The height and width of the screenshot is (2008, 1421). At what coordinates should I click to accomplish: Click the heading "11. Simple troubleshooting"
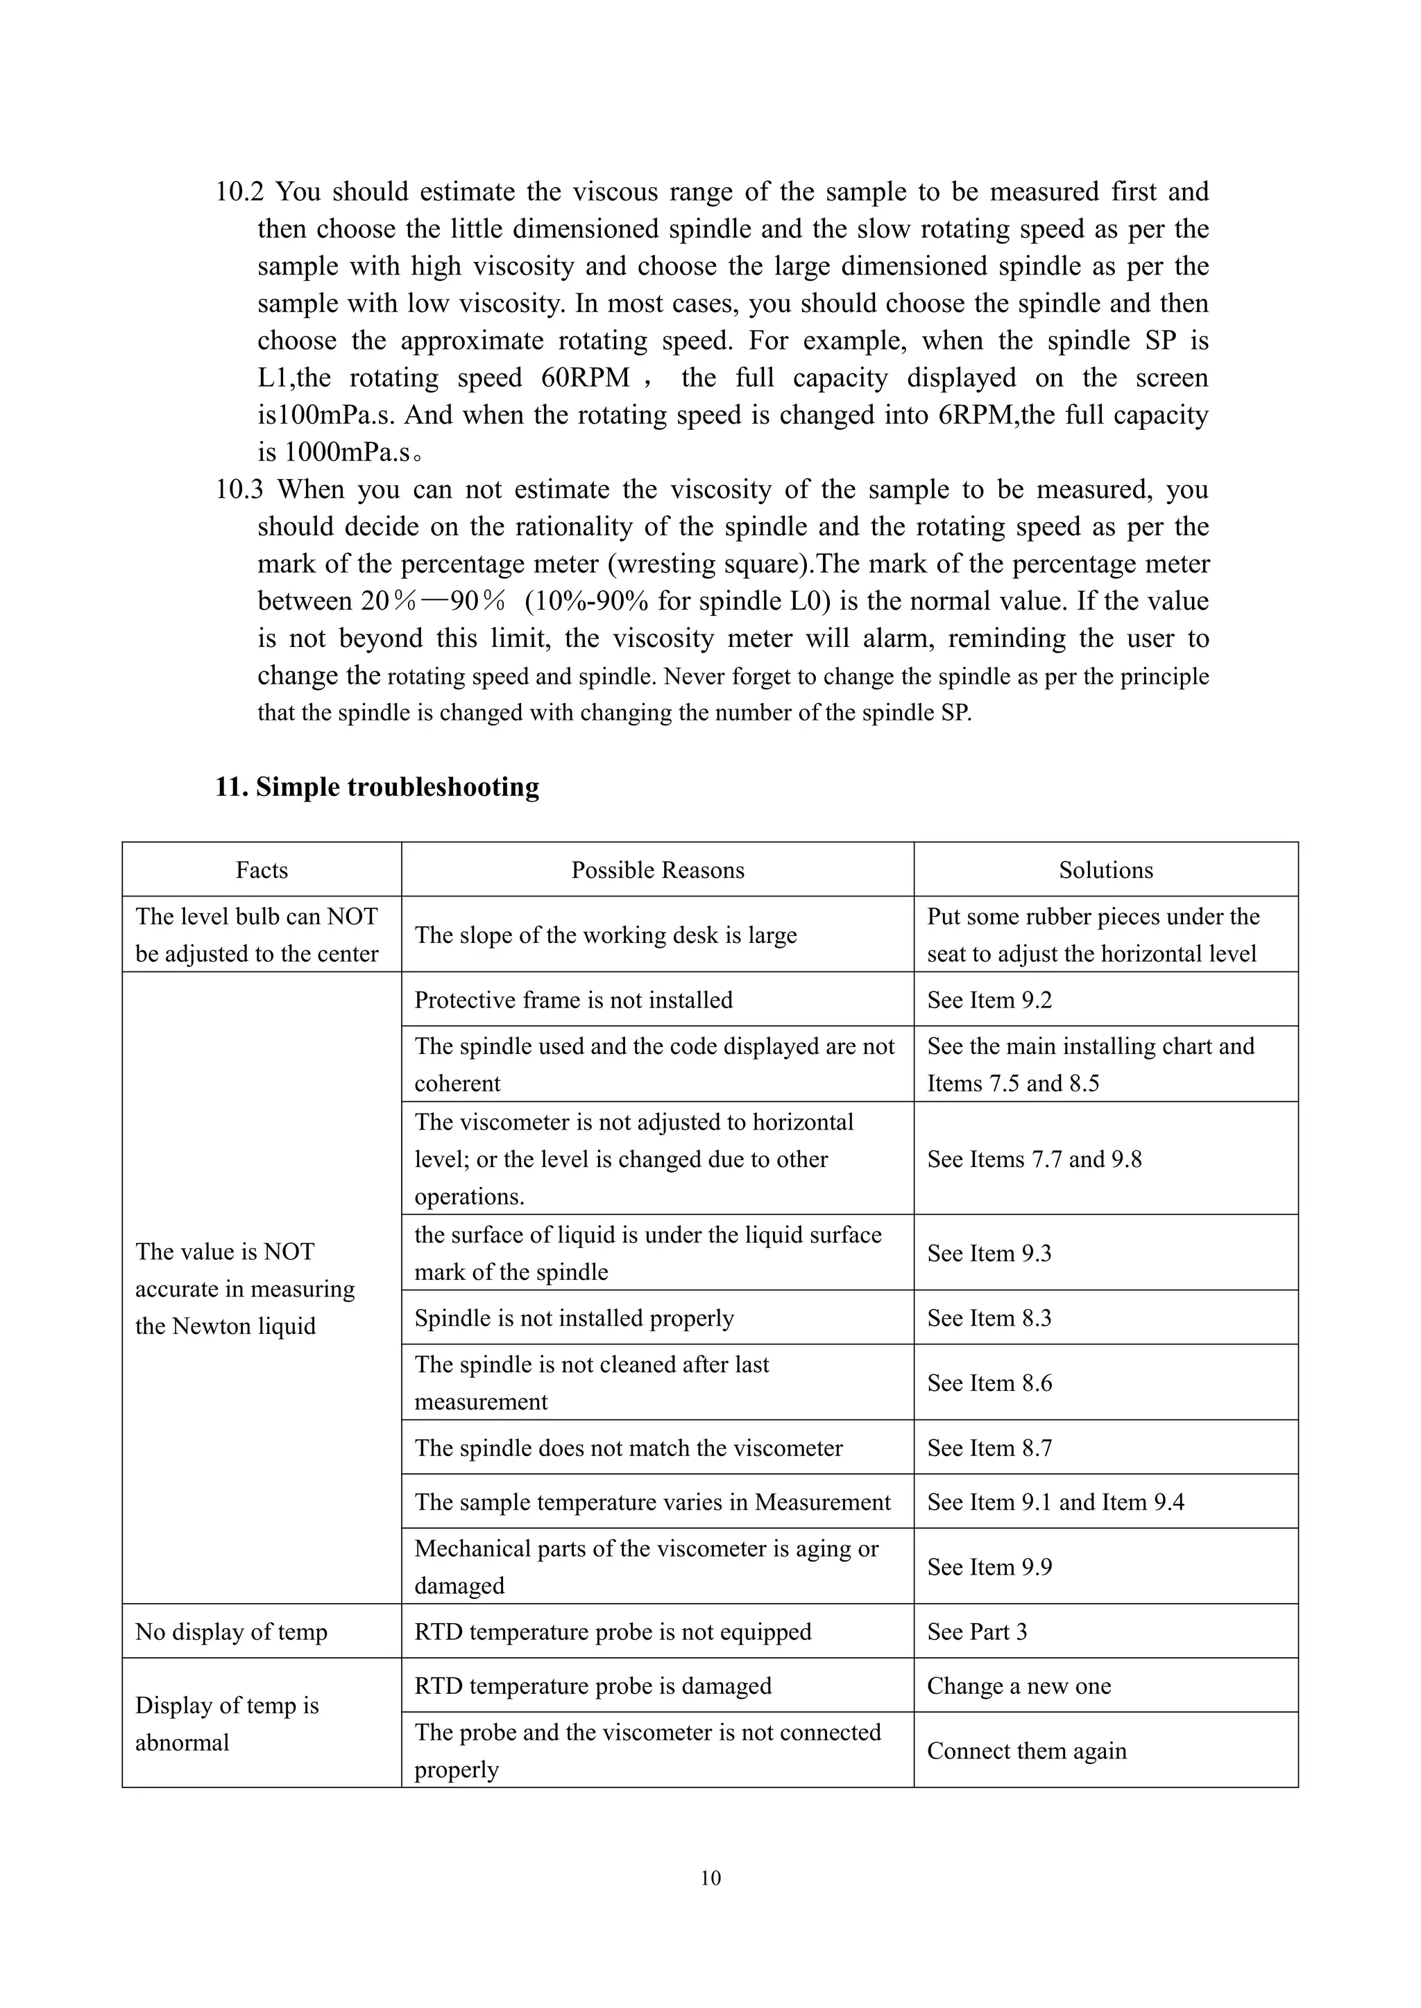(x=377, y=787)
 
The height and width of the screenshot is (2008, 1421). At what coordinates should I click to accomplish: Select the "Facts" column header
(x=262, y=869)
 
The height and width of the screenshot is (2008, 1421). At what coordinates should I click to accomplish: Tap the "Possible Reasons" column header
(x=657, y=869)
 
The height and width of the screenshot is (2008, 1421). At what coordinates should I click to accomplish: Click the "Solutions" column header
(x=1105, y=869)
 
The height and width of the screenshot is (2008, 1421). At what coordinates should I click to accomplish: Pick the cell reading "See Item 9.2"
(x=989, y=1000)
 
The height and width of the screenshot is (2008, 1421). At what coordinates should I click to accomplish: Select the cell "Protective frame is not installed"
(x=573, y=1000)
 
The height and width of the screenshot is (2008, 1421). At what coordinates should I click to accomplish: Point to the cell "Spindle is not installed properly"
(x=574, y=1318)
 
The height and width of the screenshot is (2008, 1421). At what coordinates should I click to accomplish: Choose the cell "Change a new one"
(x=1019, y=1686)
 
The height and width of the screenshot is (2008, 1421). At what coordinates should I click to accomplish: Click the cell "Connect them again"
(x=1026, y=1750)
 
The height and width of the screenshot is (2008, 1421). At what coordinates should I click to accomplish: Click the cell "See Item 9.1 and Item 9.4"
(x=1055, y=1502)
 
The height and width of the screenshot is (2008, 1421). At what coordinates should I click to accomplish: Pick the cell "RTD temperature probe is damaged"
(x=593, y=1686)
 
